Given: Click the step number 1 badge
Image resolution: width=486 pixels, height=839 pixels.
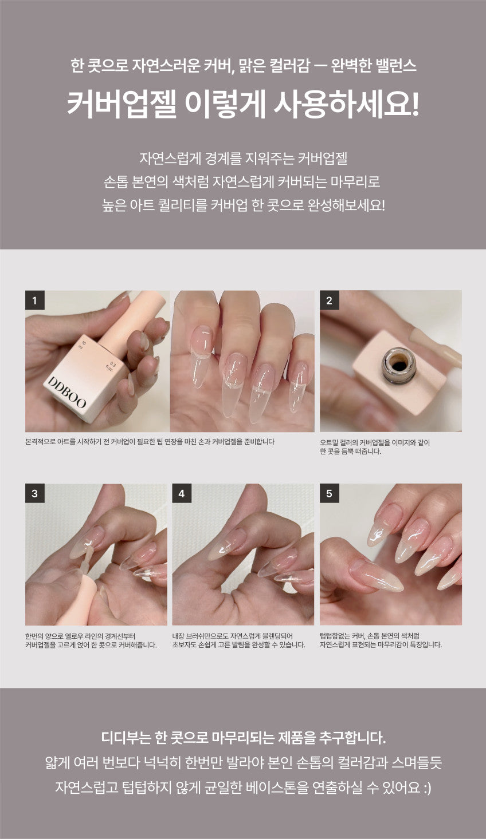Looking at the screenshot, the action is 35,300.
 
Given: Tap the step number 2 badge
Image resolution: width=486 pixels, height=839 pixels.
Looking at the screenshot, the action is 329,300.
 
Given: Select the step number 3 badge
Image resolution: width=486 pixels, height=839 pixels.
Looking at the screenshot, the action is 35,493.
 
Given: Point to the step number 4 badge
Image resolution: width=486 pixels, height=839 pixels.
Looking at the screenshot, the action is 182,493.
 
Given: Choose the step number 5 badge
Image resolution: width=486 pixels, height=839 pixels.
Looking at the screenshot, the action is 329,493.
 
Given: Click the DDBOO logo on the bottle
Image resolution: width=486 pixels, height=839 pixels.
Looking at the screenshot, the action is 66,392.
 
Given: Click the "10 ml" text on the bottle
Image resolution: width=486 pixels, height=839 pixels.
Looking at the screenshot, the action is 82,344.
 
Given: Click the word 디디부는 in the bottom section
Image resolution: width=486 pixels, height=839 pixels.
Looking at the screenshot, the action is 126,738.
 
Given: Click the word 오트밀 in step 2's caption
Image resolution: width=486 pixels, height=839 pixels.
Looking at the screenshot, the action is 328,442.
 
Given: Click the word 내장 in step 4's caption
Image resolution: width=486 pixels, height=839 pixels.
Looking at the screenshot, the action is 178,636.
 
